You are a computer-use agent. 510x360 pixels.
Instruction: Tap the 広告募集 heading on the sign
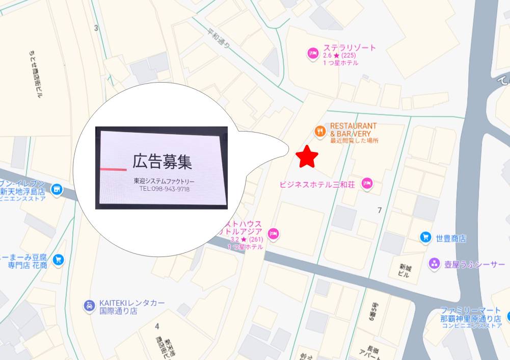162,162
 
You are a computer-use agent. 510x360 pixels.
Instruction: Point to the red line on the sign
113,169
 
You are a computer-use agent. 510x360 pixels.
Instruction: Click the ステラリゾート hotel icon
312,53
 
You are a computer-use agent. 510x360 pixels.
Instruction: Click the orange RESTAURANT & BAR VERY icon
320,131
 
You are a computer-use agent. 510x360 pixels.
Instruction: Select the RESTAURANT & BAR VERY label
354,130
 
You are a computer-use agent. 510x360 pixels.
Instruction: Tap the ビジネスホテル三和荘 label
317,184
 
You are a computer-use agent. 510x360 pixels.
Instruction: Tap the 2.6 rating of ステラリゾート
328,56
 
